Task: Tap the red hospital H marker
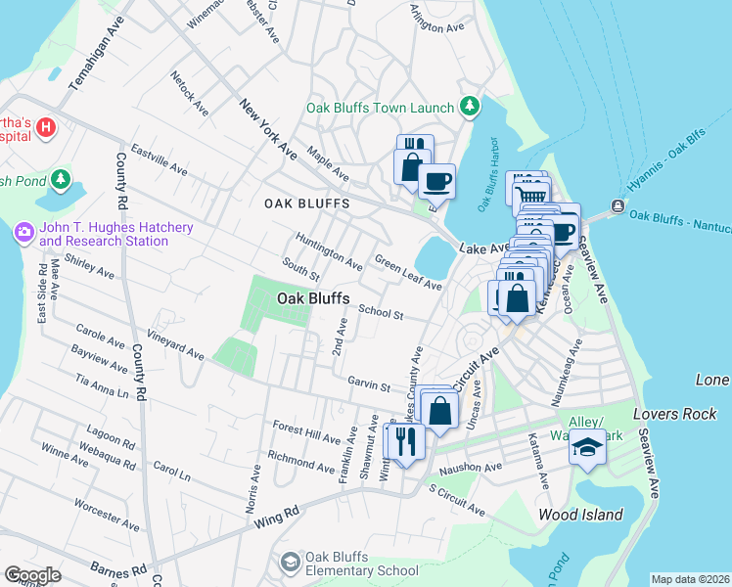[46, 128]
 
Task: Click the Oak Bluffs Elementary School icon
[290, 561]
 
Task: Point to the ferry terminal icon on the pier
[618, 205]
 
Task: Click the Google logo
[32, 574]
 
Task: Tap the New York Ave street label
[267, 129]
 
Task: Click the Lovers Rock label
[675, 414]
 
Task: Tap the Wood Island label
[580, 515]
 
